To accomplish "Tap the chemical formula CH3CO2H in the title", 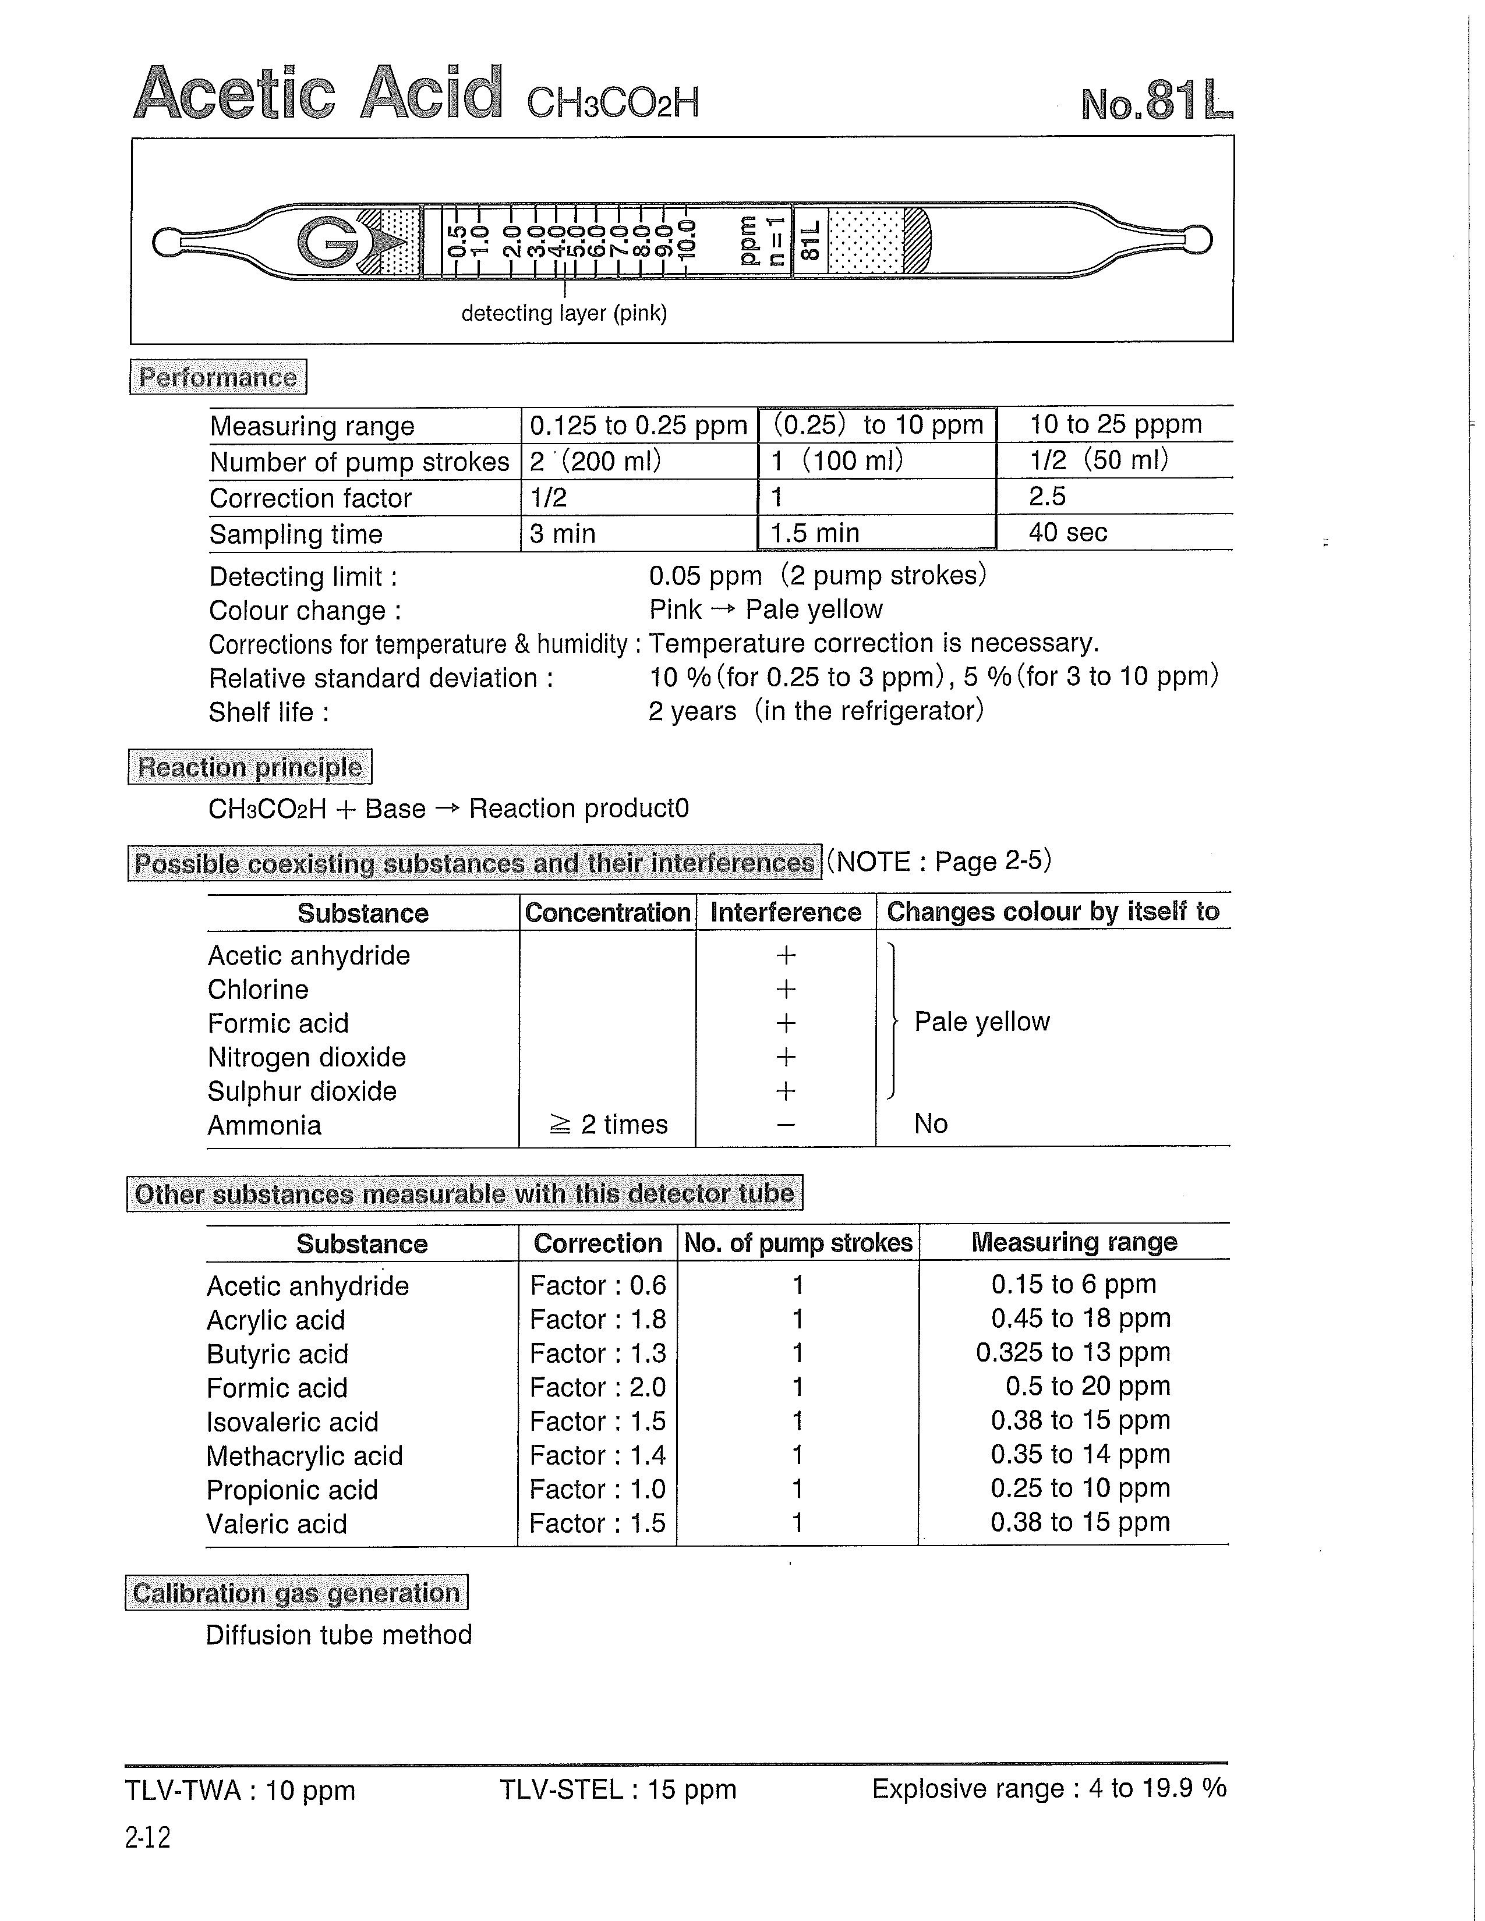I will (612, 104).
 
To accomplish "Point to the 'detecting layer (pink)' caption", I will (564, 313).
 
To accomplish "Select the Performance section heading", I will (218, 377).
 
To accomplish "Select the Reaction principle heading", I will (250, 767).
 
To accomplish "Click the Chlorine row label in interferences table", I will (258, 990).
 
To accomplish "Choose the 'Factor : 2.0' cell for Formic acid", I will (597, 1387).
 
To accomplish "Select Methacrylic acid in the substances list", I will (305, 1456).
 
